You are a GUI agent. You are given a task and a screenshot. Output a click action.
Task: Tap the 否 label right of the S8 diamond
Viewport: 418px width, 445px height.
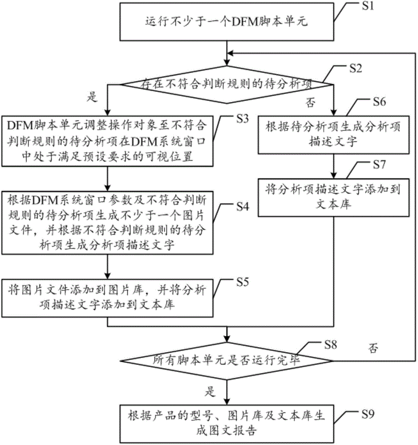click(x=374, y=348)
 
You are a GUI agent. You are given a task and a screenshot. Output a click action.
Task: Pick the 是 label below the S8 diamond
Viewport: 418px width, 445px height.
click(x=210, y=392)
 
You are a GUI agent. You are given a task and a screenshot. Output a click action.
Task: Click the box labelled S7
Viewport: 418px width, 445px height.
click(x=334, y=196)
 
